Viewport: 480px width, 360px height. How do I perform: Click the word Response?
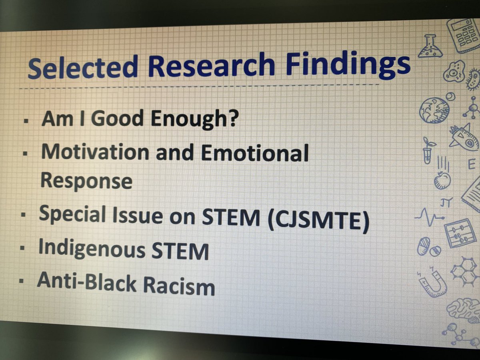coord(86,181)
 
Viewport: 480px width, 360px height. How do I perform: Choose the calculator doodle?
coord(464,34)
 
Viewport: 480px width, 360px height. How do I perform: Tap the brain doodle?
coord(464,310)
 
